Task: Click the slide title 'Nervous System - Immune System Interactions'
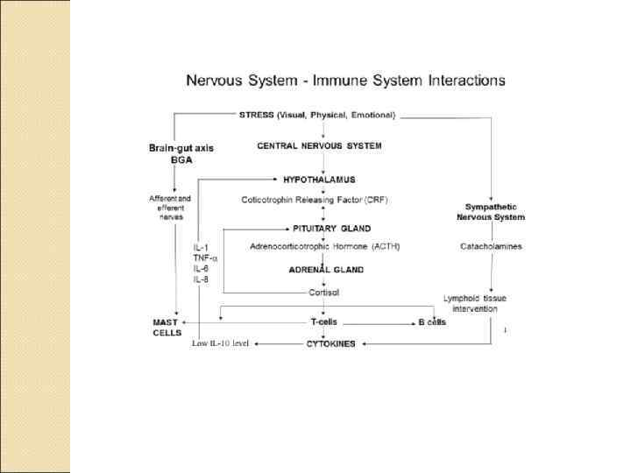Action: point(345,81)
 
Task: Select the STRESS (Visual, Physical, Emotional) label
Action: point(317,115)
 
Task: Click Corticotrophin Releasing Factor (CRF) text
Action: point(315,200)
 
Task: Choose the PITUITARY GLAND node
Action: point(325,229)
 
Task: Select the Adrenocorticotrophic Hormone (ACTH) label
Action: point(324,246)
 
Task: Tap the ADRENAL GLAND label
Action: point(327,270)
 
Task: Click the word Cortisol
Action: point(323,293)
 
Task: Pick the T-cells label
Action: point(326,321)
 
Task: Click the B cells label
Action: point(431,322)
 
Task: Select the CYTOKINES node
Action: point(330,344)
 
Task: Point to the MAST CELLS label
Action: point(167,328)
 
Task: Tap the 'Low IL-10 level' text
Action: point(221,343)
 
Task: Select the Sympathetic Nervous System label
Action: point(494,212)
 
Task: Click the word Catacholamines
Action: point(491,246)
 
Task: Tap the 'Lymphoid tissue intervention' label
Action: point(474,303)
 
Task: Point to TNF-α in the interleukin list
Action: point(206,258)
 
